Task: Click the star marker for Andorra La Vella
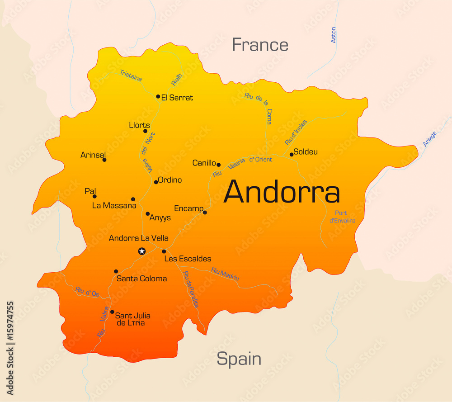pos(142,251)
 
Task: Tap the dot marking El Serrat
pos(158,96)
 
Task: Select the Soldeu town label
pos(306,152)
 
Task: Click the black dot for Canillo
pos(218,165)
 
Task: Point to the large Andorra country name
pos(282,192)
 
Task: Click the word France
pos(260,45)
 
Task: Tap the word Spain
pos(239,359)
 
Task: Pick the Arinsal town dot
pos(104,160)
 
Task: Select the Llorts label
pos(139,125)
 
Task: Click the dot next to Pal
pos(94,196)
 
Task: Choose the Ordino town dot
pos(156,182)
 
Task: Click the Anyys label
pos(160,218)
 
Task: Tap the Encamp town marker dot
pos(205,213)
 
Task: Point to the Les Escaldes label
pos(188,259)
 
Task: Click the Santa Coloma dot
pos(116,271)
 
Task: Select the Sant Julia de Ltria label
pos(132,319)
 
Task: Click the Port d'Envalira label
pos(342,217)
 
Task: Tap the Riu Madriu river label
pos(225,274)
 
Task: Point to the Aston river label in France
pos(334,35)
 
